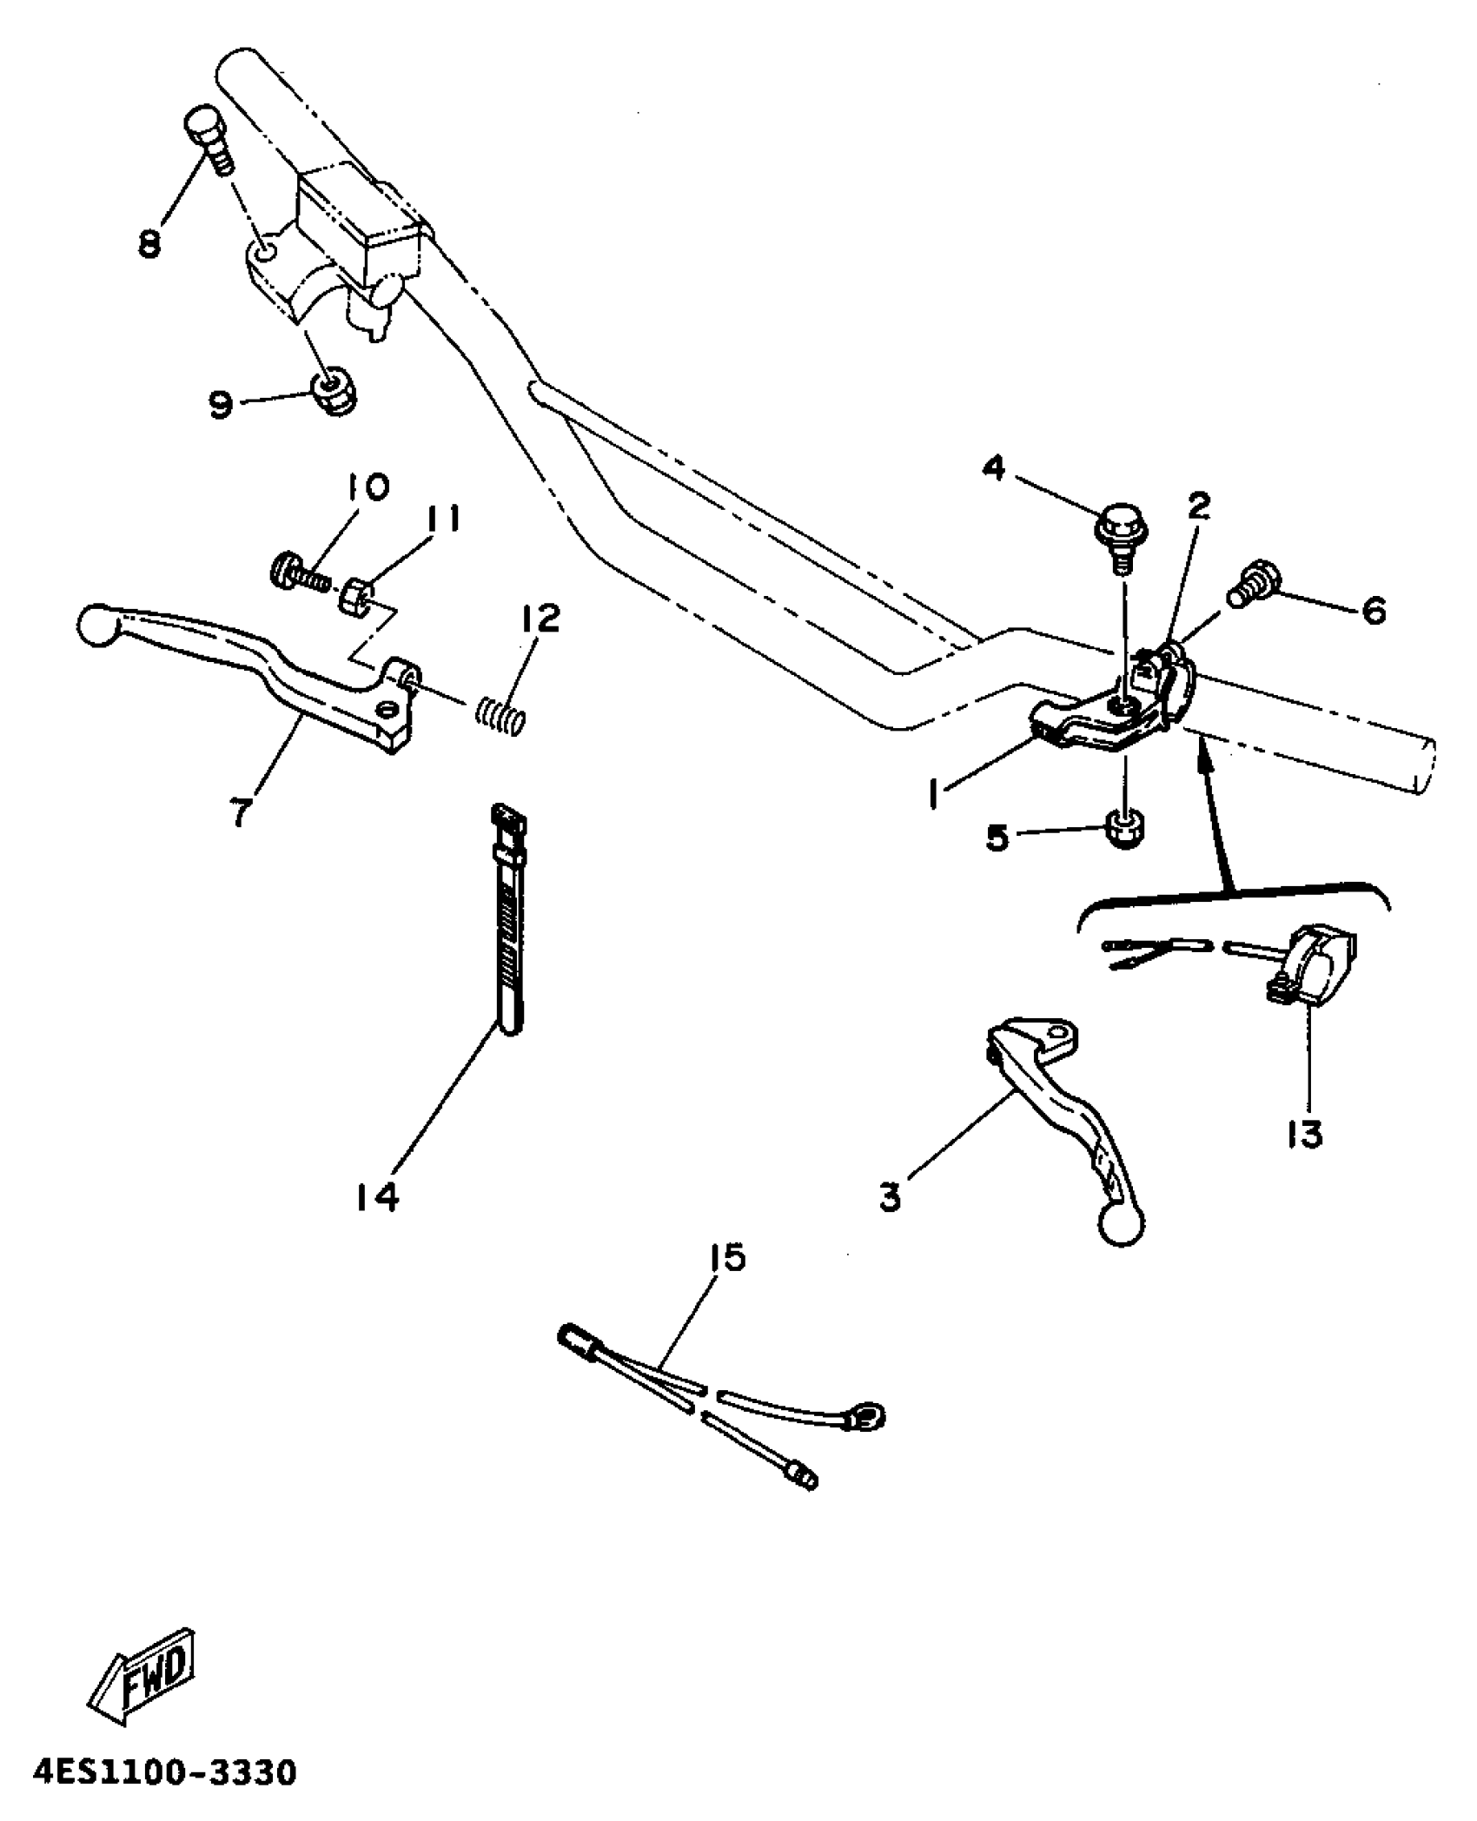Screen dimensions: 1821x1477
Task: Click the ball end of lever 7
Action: [96, 626]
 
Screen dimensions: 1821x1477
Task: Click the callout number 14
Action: [376, 1197]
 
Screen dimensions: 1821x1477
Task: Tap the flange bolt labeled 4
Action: [1119, 532]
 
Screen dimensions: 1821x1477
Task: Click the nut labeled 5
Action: [1125, 827]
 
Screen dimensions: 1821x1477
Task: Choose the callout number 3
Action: [890, 1197]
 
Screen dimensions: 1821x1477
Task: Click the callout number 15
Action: [727, 1257]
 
